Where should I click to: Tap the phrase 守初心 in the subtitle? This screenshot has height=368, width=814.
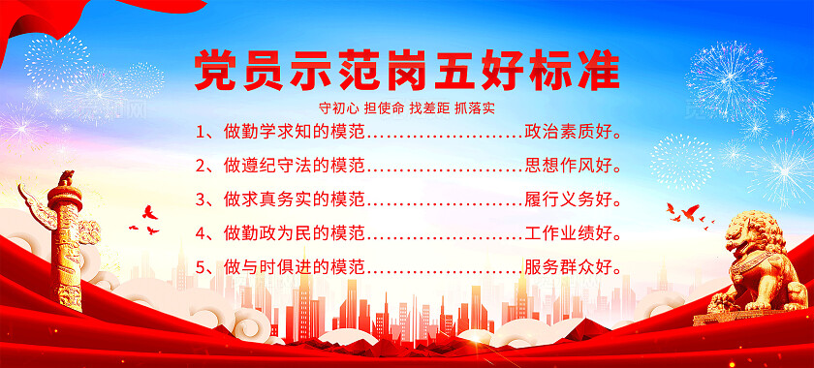tap(335, 105)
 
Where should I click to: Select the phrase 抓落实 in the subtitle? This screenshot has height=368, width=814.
tap(476, 105)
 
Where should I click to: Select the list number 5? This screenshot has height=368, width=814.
tap(200, 266)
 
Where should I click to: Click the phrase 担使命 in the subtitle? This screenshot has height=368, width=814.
tap(382, 105)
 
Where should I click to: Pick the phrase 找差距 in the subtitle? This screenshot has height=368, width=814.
tap(428, 105)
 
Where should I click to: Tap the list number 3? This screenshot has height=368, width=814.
tap(200, 199)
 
